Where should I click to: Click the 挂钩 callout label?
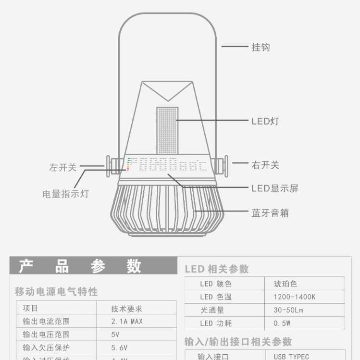[261, 47]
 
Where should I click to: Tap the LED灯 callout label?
[265, 121]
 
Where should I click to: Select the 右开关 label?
[265, 165]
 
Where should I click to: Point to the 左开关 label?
[62, 167]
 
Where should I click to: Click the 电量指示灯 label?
[65, 194]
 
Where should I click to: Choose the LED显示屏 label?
[275, 188]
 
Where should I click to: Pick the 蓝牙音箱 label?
[270, 212]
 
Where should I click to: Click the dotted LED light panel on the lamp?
[167, 130]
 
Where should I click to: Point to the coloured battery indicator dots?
[128, 164]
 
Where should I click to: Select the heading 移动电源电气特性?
[56, 291]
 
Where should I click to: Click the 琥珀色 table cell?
[286, 284]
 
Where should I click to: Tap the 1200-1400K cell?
[295, 297]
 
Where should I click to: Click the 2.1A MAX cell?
[127, 321]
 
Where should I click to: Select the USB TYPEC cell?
[291, 356]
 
